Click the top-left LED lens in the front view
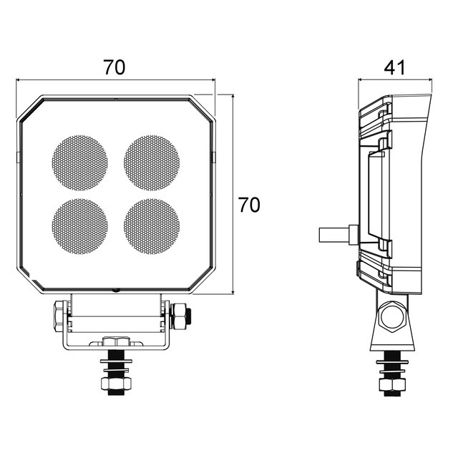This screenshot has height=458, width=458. pos(79,162)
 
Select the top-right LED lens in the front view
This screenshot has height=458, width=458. pos(152,162)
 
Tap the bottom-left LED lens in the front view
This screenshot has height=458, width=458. pos(79,226)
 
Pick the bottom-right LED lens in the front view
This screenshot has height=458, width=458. pos(152,226)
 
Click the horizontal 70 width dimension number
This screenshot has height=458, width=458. pos(114,67)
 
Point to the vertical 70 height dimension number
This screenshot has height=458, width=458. pos(249,205)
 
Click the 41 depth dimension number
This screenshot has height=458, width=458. pos(394,67)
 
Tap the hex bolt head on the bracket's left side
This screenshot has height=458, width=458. pos(59,316)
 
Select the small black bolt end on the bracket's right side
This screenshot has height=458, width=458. pos(189,316)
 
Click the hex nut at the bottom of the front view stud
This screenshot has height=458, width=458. pos(116,384)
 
